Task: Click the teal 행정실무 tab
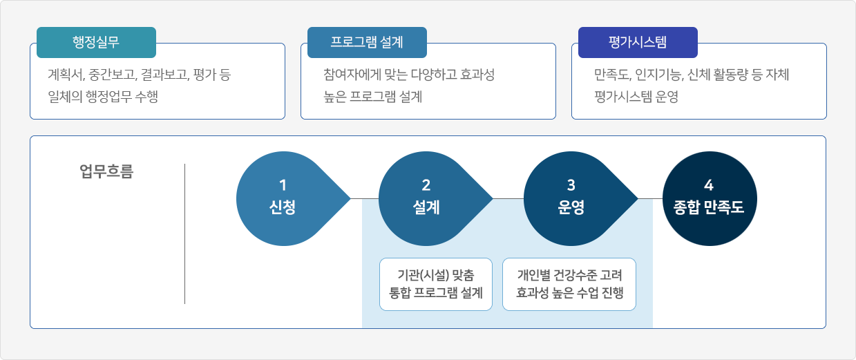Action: click(x=96, y=42)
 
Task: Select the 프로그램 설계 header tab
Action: click(x=367, y=42)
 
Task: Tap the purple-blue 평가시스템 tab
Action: click(x=638, y=42)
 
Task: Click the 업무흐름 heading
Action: click(x=106, y=171)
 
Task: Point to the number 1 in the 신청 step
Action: click(x=283, y=185)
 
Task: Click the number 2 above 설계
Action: click(x=426, y=185)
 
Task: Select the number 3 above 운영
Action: click(x=571, y=185)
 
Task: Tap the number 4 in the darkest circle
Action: click(x=709, y=185)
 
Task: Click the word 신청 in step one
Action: click(x=283, y=207)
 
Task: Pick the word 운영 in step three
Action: click(x=571, y=207)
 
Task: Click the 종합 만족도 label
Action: click(x=709, y=207)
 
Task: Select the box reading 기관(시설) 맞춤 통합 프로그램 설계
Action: click(x=436, y=284)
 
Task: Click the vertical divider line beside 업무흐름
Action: click(x=185, y=234)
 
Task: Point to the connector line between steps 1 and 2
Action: click(x=365, y=199)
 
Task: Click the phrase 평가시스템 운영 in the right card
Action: click(x=636, y=97)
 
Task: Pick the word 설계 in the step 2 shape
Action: click(x=426, y=207)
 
